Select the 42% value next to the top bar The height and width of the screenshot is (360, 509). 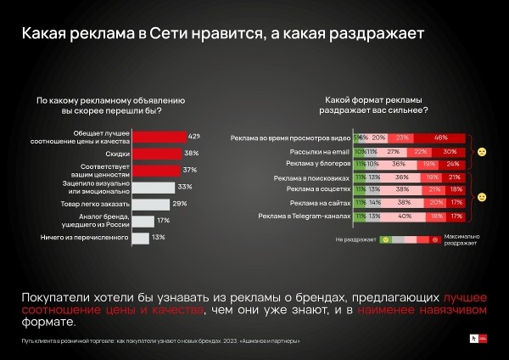click(194, 136)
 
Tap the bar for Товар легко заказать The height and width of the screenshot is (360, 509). click(149, 205)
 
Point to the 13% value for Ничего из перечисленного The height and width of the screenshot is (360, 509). click(158, 238)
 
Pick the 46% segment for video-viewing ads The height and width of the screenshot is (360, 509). click(440, 137)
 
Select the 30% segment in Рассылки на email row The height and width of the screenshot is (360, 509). click(450, 149)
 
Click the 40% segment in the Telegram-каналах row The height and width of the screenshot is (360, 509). click(406, 217)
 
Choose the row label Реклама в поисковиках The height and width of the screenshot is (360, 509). click(311, 179)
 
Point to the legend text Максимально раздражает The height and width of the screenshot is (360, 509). click(459, 240)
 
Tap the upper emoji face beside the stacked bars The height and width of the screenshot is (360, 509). click(481, 150)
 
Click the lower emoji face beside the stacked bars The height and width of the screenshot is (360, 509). click(481, 198)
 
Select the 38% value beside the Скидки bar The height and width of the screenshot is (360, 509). click(191, 154)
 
